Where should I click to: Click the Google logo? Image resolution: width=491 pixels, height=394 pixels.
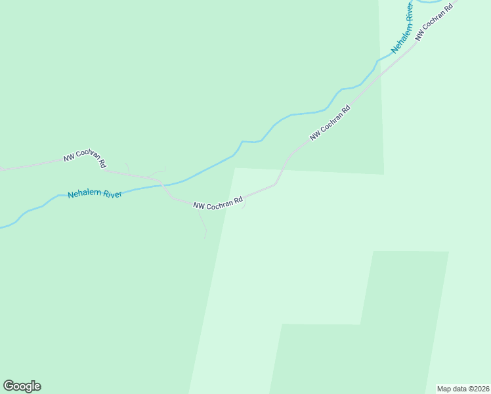[x=22, y=386]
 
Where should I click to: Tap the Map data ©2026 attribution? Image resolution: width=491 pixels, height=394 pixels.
[x=462, y=388]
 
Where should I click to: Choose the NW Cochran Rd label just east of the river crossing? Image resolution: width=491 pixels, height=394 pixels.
[x=219, y=204]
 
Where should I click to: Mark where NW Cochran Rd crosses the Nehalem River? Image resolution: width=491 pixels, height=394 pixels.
[x=164, y=185]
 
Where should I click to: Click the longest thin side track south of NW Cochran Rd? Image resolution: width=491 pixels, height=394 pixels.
[x=202, y=223]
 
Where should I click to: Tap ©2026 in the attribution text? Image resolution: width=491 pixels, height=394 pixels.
[x=477, y=388]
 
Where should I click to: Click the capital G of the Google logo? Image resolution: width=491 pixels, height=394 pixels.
[x=9, y=386]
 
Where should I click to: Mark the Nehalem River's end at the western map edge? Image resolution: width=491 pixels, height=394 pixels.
[x=2, y=228]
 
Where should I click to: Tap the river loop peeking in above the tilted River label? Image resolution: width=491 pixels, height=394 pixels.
[x=430, y=2]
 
